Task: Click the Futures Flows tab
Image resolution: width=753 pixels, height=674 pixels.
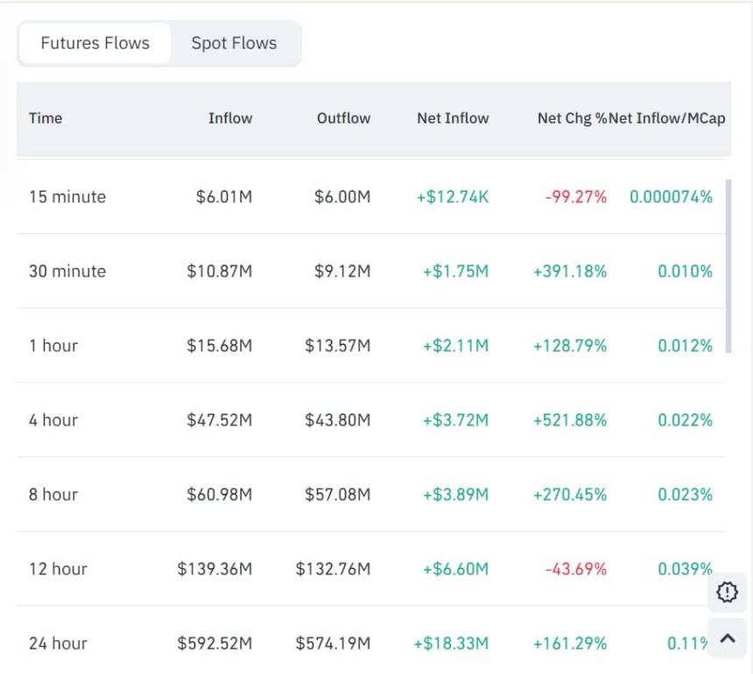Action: click(95, 43)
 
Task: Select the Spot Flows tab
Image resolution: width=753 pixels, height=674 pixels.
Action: click(234, 43)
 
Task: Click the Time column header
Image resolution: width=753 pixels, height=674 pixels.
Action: click(46, 118)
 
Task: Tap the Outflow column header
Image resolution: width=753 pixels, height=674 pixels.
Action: click(343, 118)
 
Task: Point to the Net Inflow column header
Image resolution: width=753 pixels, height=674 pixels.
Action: click(453, 118)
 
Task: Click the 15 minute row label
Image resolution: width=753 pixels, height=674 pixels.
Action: click(67, 197)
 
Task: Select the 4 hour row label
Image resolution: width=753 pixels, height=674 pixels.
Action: click(53, 420)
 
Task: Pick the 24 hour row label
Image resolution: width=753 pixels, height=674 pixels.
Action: click(58, 643)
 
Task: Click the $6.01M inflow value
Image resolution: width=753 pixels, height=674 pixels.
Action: click(224, 197)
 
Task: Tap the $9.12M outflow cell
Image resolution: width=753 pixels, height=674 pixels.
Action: click(342, 271)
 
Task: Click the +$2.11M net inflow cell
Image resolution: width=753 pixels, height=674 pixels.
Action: click(455, 346)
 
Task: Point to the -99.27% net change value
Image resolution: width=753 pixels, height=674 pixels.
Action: click(575, 197)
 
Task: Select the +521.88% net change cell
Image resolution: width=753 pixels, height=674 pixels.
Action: click(569, 420)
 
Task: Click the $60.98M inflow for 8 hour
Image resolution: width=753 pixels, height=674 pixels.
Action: click(219, 495)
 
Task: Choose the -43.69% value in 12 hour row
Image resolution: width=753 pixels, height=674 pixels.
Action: click(575, 569)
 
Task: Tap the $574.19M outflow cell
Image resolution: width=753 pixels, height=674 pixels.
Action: click(333, 643)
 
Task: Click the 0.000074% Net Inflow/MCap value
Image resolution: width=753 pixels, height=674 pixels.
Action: click(671, 197)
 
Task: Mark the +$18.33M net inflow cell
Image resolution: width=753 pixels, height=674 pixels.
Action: click(451, 643)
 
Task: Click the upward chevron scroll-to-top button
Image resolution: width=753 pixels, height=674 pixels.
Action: click(727, 638)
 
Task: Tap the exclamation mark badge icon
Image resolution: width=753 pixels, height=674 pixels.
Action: click(727, 593)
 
